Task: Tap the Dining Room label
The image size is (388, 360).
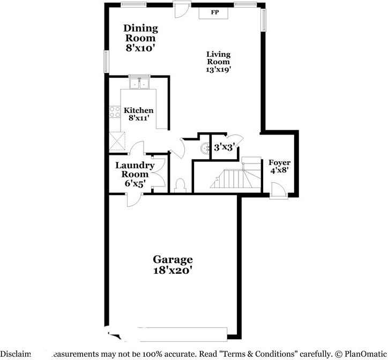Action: (x=140, y=38)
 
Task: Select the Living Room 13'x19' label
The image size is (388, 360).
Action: (x=219, y=62)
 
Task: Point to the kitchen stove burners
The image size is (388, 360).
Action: (x=115, y=111)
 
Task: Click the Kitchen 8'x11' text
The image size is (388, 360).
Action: (x=139, y=114)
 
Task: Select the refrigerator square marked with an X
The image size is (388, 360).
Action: (x=116, y=141)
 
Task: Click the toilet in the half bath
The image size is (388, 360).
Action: (x=180, y=185)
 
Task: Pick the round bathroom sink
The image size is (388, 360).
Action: (x=205, y=149)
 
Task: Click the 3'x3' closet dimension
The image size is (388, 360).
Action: (x=223, y=147)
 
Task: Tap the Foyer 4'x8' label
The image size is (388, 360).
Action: (x=279, y=167)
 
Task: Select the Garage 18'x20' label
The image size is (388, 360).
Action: (x=172, y=265)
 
